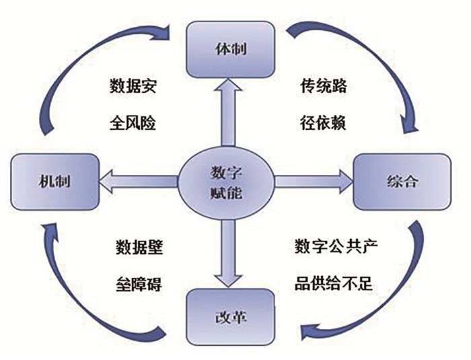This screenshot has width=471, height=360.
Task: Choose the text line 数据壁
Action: pyautogui.click(x=139, y=246)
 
